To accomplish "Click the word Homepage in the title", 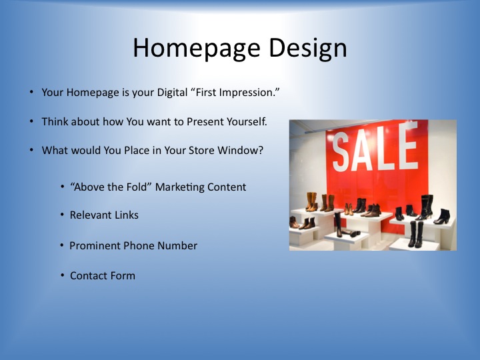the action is pos(197,49).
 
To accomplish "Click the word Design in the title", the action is pos(308,49).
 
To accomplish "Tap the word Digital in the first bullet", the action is pos(172,93).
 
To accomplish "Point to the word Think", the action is pos(55,121).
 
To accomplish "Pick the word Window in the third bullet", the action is pos(240,150).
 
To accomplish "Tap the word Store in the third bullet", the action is pos(201,150).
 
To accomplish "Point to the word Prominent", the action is pos(95,245).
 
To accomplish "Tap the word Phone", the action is pos(139,245).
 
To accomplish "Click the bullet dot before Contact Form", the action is pos(63,275).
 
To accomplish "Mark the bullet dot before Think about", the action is pos(31,121).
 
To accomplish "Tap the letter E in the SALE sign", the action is pos(409,145).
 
